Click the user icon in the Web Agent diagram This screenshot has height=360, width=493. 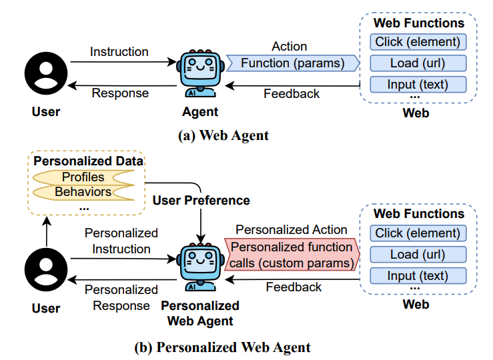point(46,73)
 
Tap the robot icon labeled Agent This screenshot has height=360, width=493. point(199,73)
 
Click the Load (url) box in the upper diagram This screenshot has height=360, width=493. point(418,63)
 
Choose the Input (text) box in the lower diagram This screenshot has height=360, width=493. point(418,275)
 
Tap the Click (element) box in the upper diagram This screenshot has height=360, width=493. point(418,42)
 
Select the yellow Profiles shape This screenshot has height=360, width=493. point(84,177)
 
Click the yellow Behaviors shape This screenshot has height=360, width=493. point(84,192)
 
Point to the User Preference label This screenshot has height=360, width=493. point(201,200)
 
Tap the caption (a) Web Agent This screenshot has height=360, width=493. point(223,135)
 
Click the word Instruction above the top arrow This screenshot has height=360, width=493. point(119,51)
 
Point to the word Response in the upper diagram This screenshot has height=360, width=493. point(119,93)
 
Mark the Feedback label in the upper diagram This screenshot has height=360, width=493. point(292,93)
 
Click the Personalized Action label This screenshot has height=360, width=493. point(292,229)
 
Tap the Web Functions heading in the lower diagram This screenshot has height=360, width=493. point(418,214)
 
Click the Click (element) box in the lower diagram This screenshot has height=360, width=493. point(418,233)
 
